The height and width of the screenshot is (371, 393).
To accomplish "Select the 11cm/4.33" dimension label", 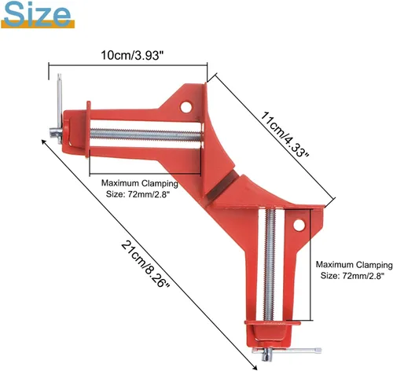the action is pyautogui.click(x=285, y=134).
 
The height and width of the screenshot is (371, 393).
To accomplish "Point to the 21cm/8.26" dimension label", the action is pyautogui.click(x=145, y=264).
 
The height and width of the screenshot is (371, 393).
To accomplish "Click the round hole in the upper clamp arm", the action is pyautogui.click(x=185, y=107).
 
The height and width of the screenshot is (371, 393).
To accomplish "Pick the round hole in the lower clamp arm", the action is pyautogui.click(x=299, y=226).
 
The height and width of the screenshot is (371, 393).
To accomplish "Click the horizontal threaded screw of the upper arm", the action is pyautogui.click(x=145, y=135).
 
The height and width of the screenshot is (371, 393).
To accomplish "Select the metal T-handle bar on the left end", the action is pyautogui.click(x=59, y=108).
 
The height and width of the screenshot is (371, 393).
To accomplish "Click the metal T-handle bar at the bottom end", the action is pyautogui.click(x=286, y=351).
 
